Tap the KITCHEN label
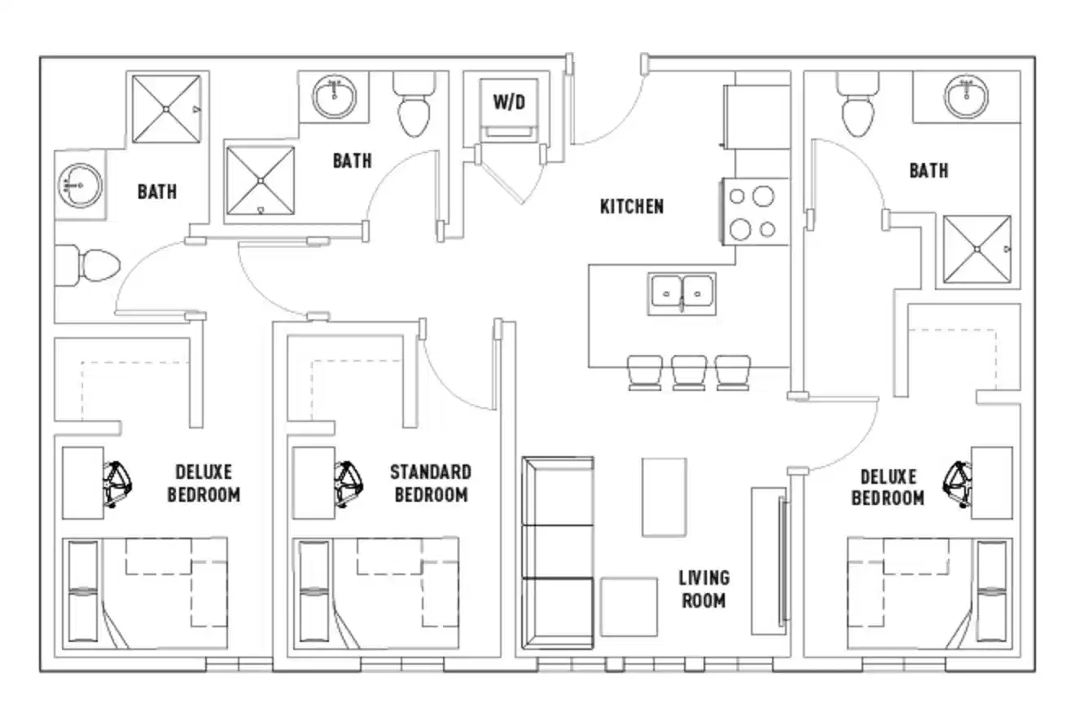coord(631,206)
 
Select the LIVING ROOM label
coord(704,589)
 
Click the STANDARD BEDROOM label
coord(430,483)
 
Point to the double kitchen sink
coord(682,293)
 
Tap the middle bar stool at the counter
coord(689,372)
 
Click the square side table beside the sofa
coord(629,607)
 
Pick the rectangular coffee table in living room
coord(664,497)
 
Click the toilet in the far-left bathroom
coord(89,265)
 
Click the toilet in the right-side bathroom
coord(858,106)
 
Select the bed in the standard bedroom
coord(376,593)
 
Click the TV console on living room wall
coord(769,561)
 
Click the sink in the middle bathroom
coord(335,97)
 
